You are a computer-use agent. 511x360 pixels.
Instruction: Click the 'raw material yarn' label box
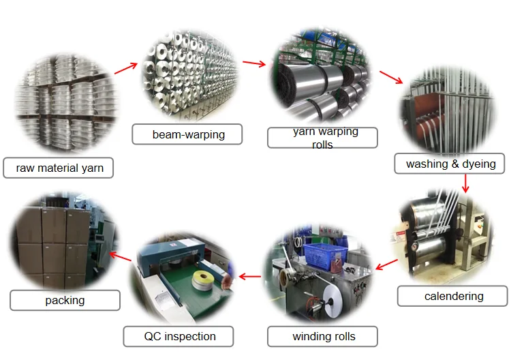[x=58, y=168]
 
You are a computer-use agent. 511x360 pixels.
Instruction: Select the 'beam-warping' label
[x=187, y=134]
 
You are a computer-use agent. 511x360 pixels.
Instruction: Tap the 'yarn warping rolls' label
[x=322, y=137]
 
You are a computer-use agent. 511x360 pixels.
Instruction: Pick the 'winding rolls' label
[x=324, y=336]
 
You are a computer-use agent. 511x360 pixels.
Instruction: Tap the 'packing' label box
[x=65, y=300]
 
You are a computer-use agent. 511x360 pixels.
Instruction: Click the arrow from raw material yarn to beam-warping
[x=126, y=67]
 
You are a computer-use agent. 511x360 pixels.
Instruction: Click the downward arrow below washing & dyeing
[x=465, y=183]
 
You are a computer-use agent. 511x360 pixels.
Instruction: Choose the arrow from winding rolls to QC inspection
[x=250, y=277]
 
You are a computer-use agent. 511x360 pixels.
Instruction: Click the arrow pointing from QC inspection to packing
[x=121, y=256]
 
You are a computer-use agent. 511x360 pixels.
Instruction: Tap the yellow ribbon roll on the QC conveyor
[x=201, y=277]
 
